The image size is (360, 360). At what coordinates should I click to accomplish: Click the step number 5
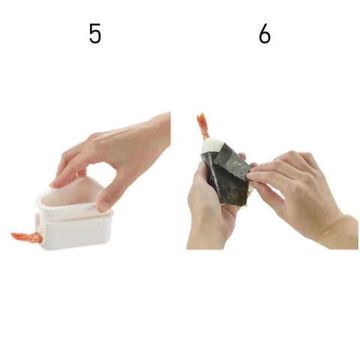[95, 34]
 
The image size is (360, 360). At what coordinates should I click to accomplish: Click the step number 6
[265, 34]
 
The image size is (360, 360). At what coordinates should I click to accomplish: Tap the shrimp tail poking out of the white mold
[26, 237]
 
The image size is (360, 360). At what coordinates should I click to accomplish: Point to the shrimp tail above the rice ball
[203, 126]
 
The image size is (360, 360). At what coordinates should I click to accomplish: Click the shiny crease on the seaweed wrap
[214, 175]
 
